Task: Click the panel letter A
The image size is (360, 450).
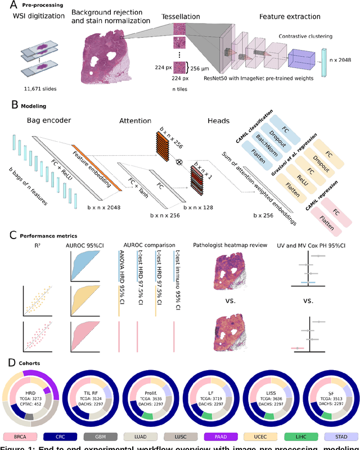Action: coord(6,6)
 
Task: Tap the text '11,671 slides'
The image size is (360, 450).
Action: coord(40,89)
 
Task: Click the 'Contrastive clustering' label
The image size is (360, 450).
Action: coord(304,37)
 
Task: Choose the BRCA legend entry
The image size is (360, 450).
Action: coord(20,436)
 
